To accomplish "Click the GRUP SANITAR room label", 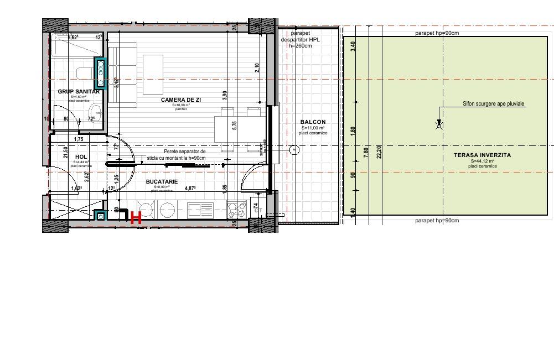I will [x=79, y=92].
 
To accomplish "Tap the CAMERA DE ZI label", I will [x=181, y=100].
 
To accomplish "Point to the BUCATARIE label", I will [x=162, y=181].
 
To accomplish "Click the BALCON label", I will [x=313, y=122].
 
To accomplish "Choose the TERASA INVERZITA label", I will [x=481, y=155].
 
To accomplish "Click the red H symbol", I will [x=136, y=218].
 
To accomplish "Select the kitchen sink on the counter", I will [x=200, y=210].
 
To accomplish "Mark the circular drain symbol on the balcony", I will [x=294, y=149].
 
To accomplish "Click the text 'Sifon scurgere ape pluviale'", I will [x=493, y=103].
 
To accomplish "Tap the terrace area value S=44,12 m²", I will [x=481, y=161].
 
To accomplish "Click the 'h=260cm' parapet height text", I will [x=300, y=46].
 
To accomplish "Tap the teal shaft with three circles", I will [x=101, y=73].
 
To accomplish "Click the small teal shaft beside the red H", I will [x=100, y=216].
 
